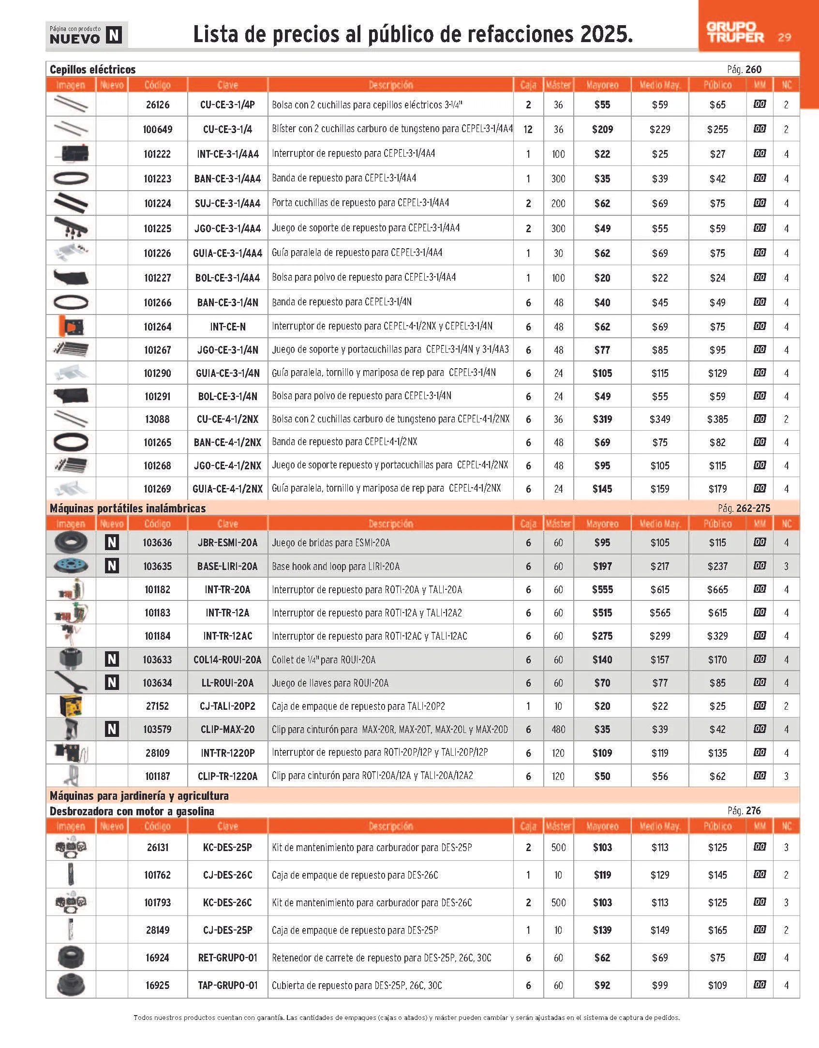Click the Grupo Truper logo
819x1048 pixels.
point(735,32)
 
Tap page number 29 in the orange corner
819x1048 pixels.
point(784,37)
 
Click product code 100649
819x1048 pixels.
point(157,129)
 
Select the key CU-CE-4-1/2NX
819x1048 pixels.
point(227,419)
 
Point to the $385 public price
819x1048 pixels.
point(717,419)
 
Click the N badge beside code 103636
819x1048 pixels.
point(112,542)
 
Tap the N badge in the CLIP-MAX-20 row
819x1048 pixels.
point(112,729)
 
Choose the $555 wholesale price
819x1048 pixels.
point(602,589)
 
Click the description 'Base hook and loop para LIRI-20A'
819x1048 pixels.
point(336,566)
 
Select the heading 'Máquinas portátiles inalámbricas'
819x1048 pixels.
point(128,508)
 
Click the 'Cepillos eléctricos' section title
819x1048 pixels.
point(93,69)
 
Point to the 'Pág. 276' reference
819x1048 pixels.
point(744,810)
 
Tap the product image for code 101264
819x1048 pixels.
point(71,327)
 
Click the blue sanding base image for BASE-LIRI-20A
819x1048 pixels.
point(71,566)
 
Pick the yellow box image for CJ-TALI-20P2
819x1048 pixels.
point(71,706)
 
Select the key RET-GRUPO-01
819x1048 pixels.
point(227,958)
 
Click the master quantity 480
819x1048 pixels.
point(558,729)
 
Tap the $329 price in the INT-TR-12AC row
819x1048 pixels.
point(717,636)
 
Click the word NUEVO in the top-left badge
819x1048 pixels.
point(75,39)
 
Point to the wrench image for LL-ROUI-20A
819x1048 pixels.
point(71,683)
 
